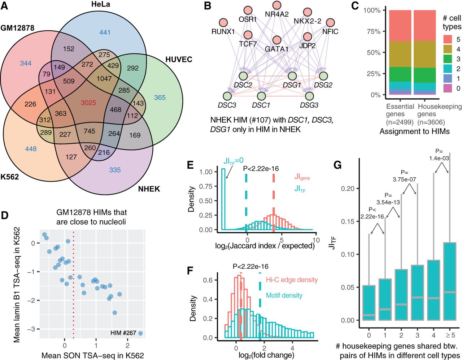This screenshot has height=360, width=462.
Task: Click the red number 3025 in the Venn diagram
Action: coord(88,103)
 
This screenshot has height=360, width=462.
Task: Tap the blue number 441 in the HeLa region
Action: coord(105,32)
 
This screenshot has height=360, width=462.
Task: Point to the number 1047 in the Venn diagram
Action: coord(104,79)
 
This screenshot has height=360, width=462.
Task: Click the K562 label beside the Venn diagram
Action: coord(10,177)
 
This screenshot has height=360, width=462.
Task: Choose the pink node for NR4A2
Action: coord(277,5)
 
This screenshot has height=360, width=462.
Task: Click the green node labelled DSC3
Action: coord(227,96)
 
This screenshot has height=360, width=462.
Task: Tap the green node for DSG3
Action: coord(309,96)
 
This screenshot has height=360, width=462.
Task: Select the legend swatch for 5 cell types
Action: coord(447,39)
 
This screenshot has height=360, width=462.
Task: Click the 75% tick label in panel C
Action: coord(372,31)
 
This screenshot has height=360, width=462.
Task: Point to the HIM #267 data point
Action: coord(140,333)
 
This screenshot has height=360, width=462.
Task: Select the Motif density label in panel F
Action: coord(284,295)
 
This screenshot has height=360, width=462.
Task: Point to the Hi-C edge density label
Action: coord(292,280)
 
